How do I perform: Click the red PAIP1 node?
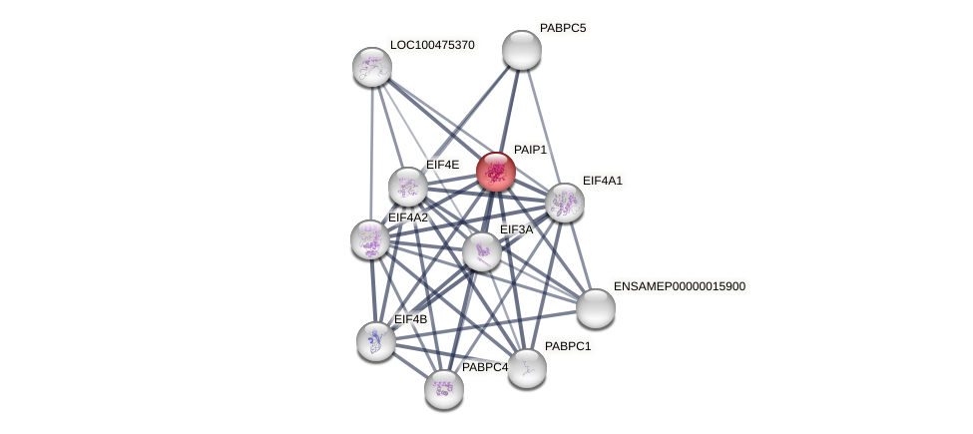[496, 172]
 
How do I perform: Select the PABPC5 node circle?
[521, 50]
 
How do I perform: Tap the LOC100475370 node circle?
[372, 67]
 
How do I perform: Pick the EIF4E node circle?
[408, 187]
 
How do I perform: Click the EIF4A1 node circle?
[565, 203]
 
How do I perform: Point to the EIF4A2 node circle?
[370, 239]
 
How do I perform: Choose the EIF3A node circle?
[482, 251]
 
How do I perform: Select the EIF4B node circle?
[376, 341]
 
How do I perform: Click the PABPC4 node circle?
[444, 389]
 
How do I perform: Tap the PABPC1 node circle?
[527, 368]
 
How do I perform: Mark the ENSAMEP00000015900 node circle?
[596, 308]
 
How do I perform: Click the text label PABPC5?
[563, 28]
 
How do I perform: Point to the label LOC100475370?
[432, 45]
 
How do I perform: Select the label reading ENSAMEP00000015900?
[679, 286]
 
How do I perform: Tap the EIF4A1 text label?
[602, 181]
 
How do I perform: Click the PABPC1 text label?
[568, 346]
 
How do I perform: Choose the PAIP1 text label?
[530, 150]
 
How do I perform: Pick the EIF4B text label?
[410, 319]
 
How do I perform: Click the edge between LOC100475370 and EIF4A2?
[371, 150]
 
